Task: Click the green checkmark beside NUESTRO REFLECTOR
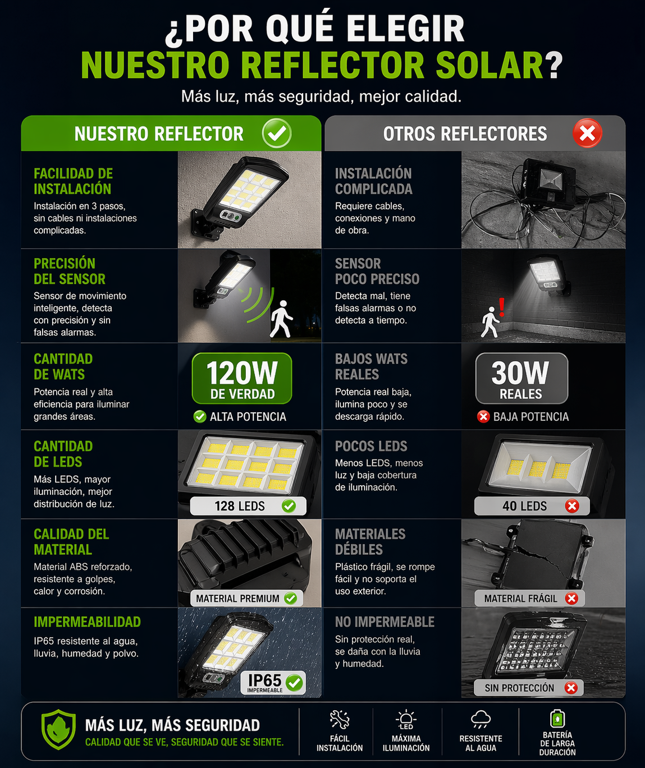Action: click(277, 133)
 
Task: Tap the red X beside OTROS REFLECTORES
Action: click(587, 133)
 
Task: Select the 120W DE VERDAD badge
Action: click(242, 378)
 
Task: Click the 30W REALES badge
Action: click(522, 378)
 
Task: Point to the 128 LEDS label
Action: click(248, 506)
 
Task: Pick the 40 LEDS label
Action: click(532, 506)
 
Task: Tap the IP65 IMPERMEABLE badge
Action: click(273, 683)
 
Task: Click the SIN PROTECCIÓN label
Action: click(529, 687)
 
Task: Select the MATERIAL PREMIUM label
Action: click(246, 599)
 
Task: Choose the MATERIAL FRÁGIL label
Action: click(529, 599)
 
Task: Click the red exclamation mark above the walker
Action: click(501, 307)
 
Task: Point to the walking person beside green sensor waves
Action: click(281, 319)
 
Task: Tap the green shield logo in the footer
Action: click(58, 729)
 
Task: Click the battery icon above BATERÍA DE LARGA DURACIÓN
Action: click(557, 718)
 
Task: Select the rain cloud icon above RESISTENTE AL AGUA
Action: click(481, 719)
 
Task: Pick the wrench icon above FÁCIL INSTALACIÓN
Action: click(340, 719)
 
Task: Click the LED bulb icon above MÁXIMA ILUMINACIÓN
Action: click(406, 719)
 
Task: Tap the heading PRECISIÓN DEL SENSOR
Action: click(70, 271)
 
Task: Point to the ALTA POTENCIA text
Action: click(248, 417)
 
